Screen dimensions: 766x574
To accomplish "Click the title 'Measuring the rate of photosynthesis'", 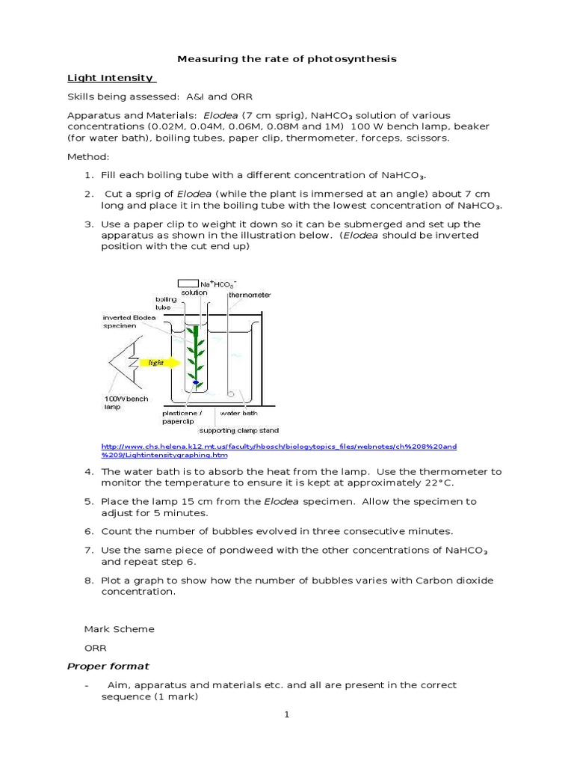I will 286,59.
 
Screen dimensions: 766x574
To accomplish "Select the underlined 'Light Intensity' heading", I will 111,78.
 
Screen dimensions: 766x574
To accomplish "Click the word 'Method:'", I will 88,157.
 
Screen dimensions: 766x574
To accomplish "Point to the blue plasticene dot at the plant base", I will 196,383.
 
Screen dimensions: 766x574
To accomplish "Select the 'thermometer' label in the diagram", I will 250,295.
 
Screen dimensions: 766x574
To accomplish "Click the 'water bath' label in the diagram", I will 238,412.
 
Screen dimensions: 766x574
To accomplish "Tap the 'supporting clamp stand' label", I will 238,430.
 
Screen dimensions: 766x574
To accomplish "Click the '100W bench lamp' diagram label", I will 126,404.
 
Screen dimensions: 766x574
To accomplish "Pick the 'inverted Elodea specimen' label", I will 129,322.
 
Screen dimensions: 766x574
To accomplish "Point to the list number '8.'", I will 88,580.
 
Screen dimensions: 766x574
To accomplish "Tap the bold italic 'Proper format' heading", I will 108,666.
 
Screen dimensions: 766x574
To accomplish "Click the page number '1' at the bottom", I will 286,714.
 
